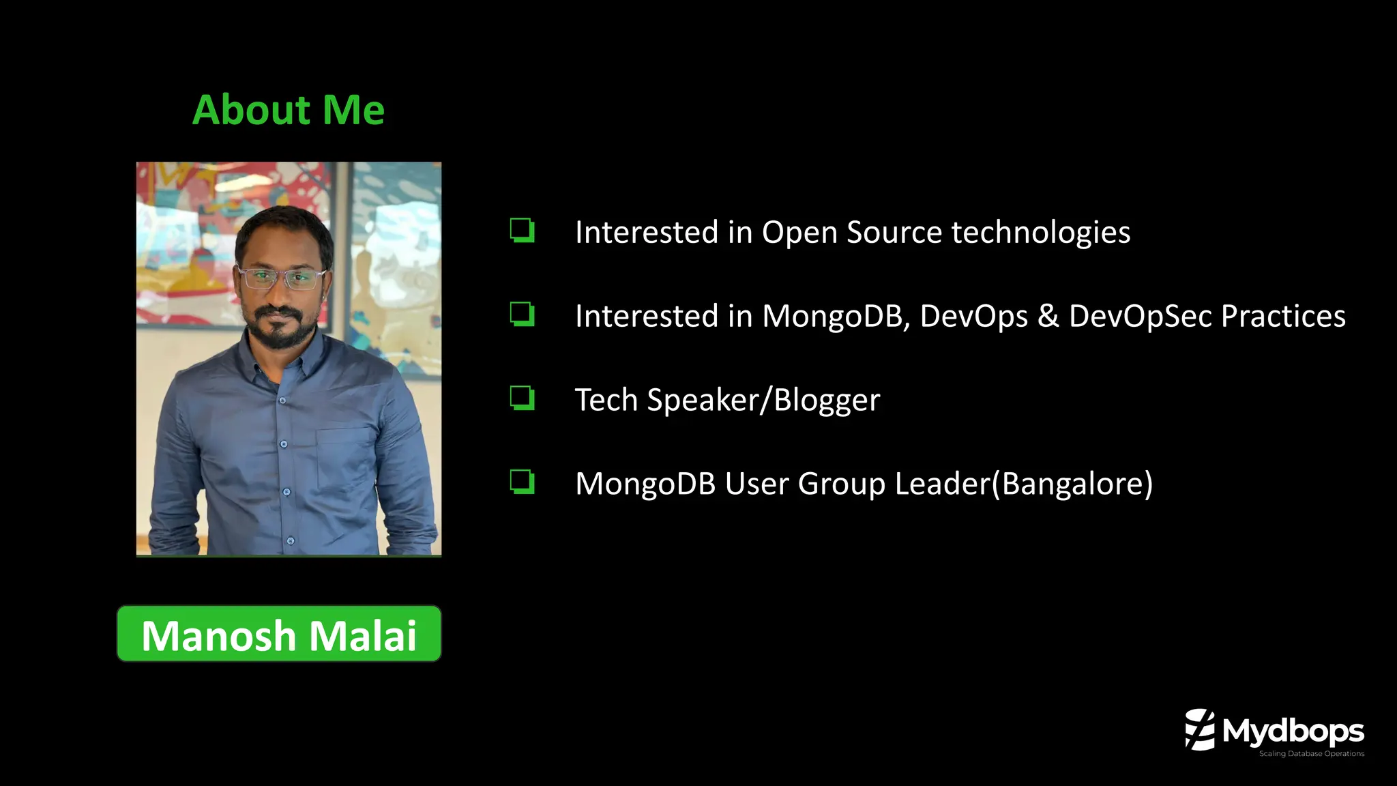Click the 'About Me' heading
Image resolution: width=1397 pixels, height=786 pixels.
click(x=289, y=110)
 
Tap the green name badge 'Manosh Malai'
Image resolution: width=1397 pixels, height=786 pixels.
click(x=279, y=634)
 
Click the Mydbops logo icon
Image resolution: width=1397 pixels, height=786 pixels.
click(x=1200, y=729)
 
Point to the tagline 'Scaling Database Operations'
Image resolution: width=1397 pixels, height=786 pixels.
click(x=1311, y=754)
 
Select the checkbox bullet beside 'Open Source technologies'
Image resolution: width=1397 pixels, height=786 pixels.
click(x=522, y=231)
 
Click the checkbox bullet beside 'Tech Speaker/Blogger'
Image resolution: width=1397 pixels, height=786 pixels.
click(x=522, y=398)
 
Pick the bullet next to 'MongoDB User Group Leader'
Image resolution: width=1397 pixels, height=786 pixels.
click(x=522, y=482)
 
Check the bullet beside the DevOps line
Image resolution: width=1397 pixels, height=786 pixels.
click(x=522, y=315)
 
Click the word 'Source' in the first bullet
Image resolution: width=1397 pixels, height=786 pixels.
click(x=894, y=233)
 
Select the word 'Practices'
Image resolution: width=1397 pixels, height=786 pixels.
click(x=1283, y=317)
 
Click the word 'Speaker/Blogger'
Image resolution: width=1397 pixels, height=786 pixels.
click(x=763, y=401)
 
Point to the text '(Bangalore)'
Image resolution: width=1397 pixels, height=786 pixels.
click(x=1072, y=484)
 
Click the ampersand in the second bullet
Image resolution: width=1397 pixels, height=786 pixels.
click(x=1048, y=317)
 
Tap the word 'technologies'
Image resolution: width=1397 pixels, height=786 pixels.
click(x=1041, y=233)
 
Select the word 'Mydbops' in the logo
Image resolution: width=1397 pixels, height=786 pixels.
click(x=1293, y=731)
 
